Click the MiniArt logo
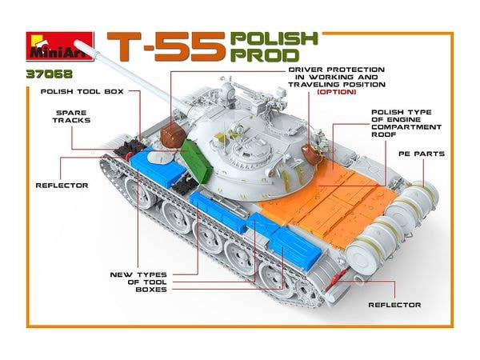[59, 46]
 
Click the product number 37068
[50, 74]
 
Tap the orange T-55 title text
[166, 46]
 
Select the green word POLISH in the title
[274, 38]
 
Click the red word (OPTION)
[337, 92]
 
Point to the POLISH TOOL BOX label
[82, 91]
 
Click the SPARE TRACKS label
[72, 116]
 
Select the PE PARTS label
[422, 154]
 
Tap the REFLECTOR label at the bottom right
[394, 305]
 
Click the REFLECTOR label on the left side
[62, 186]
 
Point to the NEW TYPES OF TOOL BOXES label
[138, 282]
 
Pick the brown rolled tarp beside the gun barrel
[173, 135]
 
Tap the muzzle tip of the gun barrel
[77, 43]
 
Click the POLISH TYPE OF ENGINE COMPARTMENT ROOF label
[406, 123]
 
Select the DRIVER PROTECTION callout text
[337, 77]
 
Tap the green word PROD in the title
[265, 55]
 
